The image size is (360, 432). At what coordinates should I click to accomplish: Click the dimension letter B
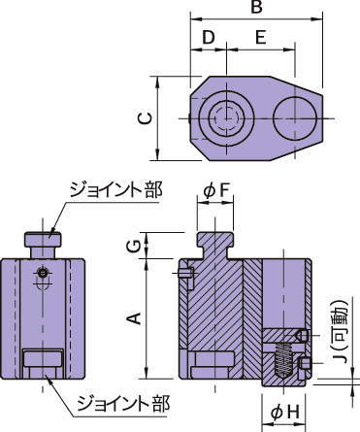click(256, 8)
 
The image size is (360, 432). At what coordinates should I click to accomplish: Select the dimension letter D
click(207, 37)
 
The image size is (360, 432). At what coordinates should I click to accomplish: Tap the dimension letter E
click(259, 37)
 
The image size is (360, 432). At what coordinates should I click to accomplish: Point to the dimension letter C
click(144, 117)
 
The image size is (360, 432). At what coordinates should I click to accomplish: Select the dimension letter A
click(136, 317)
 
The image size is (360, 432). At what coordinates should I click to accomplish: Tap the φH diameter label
click(281, 415)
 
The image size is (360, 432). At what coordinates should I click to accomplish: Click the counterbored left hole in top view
click(225, 118)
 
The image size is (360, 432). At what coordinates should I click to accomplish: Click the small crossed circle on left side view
click(43, 271)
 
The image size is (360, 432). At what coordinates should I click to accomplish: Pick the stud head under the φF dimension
click(217, 238)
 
